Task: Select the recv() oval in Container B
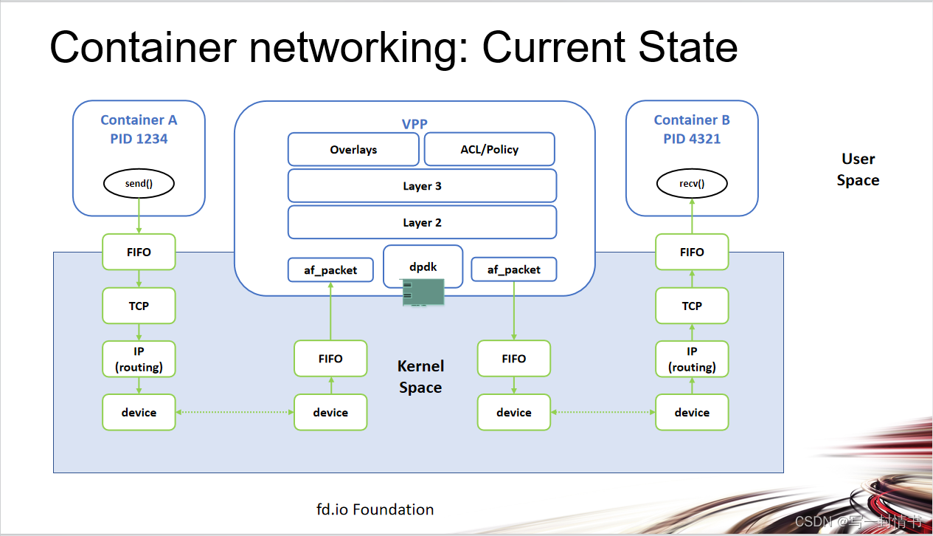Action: [691, 184]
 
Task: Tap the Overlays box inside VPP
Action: [353, 149]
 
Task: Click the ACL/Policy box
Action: [489, 149]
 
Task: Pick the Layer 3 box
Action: [422, 185]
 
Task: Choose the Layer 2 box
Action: [422, 222]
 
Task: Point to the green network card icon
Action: [423, 292]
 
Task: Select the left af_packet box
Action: [330, 270]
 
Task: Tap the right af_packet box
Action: [513, 270]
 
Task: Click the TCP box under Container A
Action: [139, 306]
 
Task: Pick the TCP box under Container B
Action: [692, 306]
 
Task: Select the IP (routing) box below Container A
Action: [139, 359]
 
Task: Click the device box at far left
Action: [139, 412]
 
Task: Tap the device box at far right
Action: [692, 412]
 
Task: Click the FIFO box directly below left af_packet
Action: [330, 359]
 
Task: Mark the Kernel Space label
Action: [420, 377]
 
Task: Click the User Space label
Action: [858, 170]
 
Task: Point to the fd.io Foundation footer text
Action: [375, 509]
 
